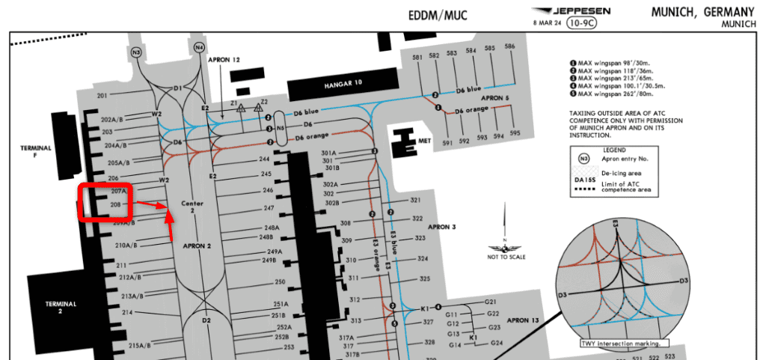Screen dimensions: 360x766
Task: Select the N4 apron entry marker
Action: [x=199, y=47]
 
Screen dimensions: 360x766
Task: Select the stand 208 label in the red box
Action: [x=116, y=204]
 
